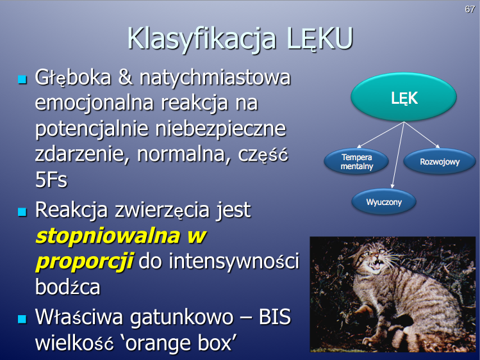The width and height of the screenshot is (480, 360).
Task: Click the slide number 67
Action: (x=470, y=9)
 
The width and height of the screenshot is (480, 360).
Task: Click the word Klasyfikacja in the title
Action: (x=202, y=38)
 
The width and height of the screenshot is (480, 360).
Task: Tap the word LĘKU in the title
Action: (x=320, y=38)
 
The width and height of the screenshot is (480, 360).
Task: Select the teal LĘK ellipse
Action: (x=404, y=97)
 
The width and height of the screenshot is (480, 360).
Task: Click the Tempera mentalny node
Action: (x=356, y=161)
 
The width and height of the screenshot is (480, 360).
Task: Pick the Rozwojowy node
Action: (x=440, y=161)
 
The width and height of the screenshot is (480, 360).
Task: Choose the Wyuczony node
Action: (x=384, y=202)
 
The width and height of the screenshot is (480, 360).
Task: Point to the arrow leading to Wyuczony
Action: (x=398, y=155)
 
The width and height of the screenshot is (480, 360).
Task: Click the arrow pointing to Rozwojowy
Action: (x=422, y=135)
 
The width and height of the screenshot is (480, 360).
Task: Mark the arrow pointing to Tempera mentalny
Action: (x=381, y=135)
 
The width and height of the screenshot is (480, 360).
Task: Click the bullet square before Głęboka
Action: (x=22, y=79)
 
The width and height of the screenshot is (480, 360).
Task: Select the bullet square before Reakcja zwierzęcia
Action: (x=22, y=211)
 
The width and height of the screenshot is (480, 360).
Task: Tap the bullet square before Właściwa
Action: (x=22, y=319)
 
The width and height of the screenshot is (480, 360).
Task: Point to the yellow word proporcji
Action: (x=85, y=262)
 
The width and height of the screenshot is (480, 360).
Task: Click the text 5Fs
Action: (x=51, y=179)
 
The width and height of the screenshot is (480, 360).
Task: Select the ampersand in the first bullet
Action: (x=125, y=77)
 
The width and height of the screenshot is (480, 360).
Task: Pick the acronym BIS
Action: (x=274, y=317)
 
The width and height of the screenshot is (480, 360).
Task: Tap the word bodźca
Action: (x=68, y=287)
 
